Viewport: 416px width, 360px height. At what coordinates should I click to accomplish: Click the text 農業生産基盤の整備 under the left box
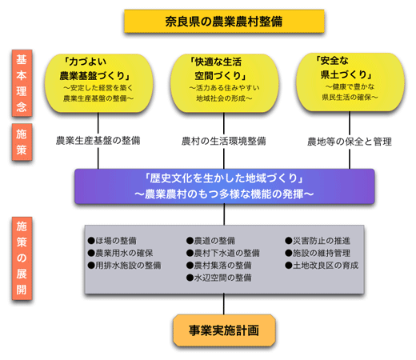(98, 141)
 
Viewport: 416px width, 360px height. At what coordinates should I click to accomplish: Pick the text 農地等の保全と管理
(350, 142)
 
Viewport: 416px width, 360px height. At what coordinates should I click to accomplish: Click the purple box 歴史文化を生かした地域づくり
(224, 186)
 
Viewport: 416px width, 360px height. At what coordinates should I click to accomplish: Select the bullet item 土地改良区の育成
(327, 266)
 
